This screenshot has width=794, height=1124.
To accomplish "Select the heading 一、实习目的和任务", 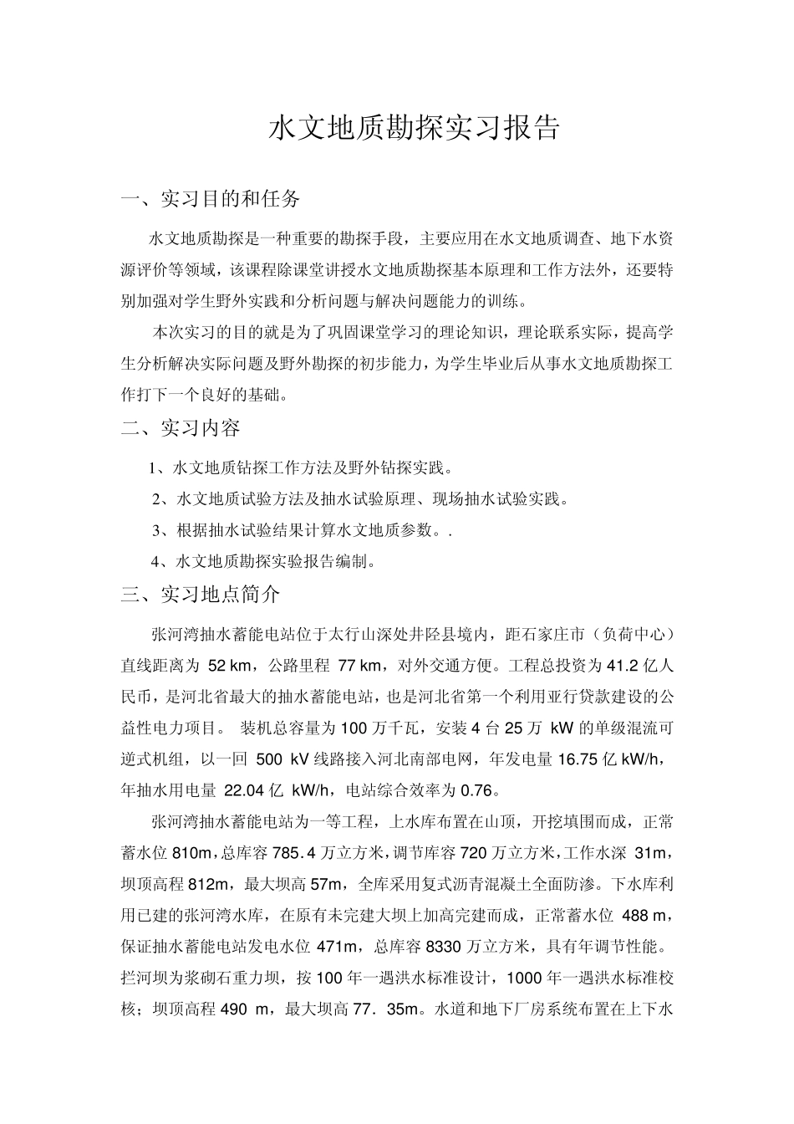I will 211,199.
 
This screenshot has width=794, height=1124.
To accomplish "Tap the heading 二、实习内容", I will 181,428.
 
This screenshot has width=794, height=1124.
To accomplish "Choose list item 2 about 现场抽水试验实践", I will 360,499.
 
